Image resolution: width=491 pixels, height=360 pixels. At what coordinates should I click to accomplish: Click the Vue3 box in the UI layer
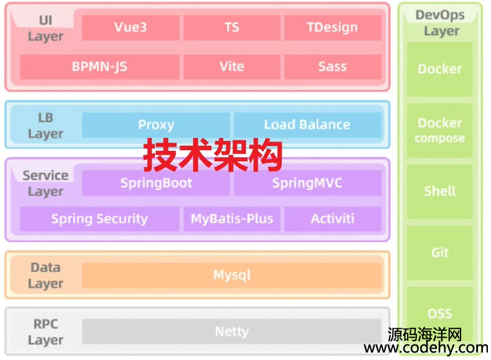131,27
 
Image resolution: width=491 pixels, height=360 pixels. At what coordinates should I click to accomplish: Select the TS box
232,27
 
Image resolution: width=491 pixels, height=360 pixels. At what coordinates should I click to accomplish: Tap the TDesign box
333,27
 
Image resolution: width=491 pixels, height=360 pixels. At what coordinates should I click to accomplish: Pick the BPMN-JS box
99,67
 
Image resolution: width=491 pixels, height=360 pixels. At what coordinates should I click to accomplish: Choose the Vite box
232,67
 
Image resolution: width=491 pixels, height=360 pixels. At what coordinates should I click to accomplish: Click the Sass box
333,67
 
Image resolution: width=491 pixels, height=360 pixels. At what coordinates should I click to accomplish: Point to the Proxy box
156,125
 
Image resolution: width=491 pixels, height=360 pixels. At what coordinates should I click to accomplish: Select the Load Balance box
308,125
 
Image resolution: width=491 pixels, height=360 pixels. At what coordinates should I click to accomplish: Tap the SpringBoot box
156,183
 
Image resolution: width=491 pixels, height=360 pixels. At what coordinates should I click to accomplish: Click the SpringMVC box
308,183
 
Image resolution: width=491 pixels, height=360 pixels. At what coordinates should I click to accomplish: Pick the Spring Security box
99,219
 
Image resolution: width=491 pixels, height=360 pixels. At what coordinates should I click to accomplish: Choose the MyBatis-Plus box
232,219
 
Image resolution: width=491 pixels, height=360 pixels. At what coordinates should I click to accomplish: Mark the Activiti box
333,219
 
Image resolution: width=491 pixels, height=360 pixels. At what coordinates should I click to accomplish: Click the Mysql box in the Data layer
232,275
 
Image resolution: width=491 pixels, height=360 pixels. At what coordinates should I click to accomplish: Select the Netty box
232,331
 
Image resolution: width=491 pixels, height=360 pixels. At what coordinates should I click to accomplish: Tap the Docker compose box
439,131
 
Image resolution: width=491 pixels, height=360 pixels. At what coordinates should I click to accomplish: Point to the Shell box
439,192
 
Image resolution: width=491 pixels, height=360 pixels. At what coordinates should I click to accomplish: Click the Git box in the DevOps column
439,252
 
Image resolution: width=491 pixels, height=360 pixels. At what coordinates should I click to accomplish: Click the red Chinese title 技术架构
213,155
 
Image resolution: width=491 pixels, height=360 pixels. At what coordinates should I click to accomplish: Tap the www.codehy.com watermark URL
426,348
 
